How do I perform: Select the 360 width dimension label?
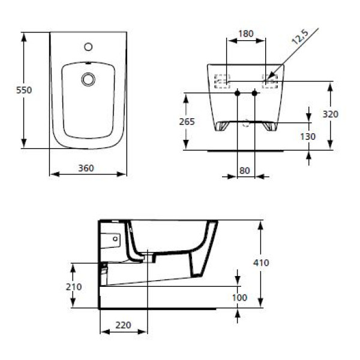tap(86, 168)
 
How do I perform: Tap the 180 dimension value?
tap(245, 34)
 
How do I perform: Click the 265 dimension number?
tap(187, 121)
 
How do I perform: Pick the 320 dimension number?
tap(331, 113)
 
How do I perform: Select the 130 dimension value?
tap(307, 136)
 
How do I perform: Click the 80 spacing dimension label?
tap(244, 170)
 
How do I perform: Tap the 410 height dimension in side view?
tap(262, 263)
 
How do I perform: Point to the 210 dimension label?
tap(73, 286)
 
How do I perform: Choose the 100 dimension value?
tap(239, 296)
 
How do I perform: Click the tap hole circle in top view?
tap(88, 46)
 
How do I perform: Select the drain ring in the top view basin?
tap(88, 78)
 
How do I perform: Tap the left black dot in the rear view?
tap(238, 94)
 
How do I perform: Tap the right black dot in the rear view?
tap(254, 94)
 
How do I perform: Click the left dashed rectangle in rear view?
tap(223, 80)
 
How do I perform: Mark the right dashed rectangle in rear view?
tap(270, 80)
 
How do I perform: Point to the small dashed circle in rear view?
tap(246, 125)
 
